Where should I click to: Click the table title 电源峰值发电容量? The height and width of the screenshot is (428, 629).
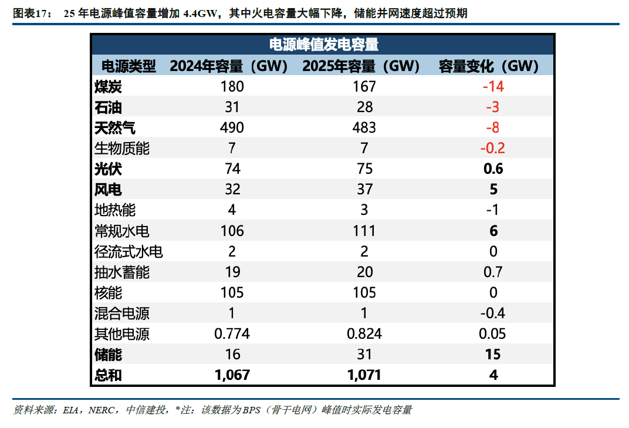[x=323, y=45]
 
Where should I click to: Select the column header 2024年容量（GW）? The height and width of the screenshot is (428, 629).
[x=228, y=66]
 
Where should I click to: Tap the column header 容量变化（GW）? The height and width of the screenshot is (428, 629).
[x=488, y=66]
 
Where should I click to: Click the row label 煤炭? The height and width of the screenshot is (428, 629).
[x=108, y=87]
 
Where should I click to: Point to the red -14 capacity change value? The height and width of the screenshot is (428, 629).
[x=493, y=87]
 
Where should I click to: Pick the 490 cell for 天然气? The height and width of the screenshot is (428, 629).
[x=232, y=128]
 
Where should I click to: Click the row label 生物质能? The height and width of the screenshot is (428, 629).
[x=121, y=149]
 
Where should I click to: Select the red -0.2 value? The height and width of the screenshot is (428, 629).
[x=492, y=149]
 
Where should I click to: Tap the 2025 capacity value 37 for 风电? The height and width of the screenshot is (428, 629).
[x=364, y=190]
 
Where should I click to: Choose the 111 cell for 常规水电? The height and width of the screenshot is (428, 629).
[x=364, y=231]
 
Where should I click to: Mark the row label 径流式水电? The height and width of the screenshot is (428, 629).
[x=128, y=252]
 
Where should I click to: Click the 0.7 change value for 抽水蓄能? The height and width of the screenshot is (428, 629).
[x=493, y=272]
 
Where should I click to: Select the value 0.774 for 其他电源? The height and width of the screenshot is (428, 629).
[x=232, y=334]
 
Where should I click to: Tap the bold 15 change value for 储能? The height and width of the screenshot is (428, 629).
[x=493, y=355]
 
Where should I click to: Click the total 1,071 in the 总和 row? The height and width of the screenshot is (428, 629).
[x=364, y=375]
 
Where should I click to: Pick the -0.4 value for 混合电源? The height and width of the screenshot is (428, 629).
[x=492, y=314]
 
